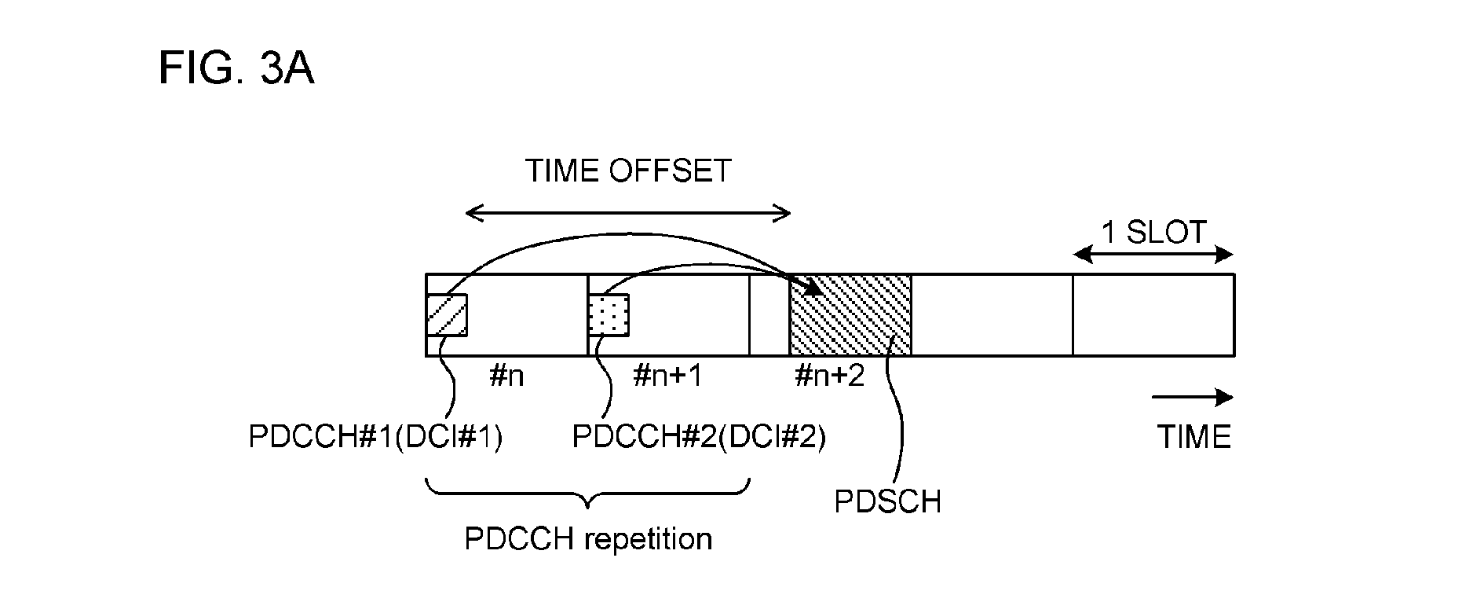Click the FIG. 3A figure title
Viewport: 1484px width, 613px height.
tap(236, 68)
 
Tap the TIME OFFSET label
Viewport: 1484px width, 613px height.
tap(628, 171)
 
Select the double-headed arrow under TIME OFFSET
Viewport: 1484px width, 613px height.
tap(628, 212)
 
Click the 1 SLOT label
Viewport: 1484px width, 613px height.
tap(1154, 233)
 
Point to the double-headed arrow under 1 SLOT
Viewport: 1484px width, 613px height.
tap(1153, 254)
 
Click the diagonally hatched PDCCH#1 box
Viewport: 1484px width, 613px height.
tap(447, 315)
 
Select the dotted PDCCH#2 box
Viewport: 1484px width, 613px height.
tap(609, 315)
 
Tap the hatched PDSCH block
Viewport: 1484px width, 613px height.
tap(850, 315)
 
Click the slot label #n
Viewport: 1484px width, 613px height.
tap(506, 376)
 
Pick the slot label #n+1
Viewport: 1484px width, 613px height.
tap(667, 376)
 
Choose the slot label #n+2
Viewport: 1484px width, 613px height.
tap(830, 376)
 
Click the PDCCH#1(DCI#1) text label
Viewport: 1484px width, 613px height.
tap(375, 437)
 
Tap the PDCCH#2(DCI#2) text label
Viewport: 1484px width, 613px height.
tap(700, 437)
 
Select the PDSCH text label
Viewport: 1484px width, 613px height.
tap(887, 501)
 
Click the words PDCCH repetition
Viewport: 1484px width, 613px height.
tap(589, 540)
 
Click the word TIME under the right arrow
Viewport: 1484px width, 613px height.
tap(1194, 437)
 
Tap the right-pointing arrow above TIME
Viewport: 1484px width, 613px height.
tap(1193, 398)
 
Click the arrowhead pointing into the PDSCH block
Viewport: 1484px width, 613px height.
tap(813, 285)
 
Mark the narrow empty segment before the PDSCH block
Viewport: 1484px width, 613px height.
tap(769, 315)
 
